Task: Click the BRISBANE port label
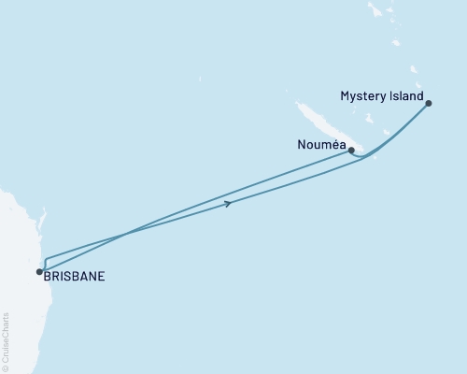[74, 277]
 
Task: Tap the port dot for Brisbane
[39, 272]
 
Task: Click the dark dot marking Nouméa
[351, 150]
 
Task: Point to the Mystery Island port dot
[429, 104]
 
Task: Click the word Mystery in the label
[361, 96]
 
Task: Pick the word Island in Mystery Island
[405, 96]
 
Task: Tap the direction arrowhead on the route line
[228, 203]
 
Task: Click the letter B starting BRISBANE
[48, 277]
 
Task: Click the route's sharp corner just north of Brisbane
[45, 256]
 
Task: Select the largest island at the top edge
[376, 11]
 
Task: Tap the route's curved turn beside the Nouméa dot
[361, 156]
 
